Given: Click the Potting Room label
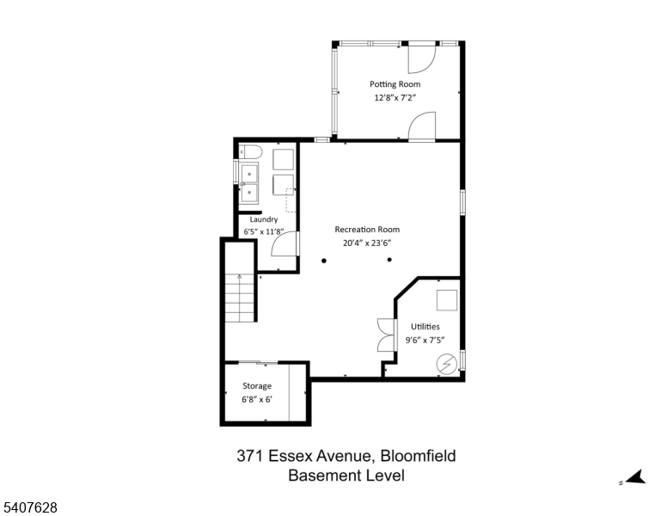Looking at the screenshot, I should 395,84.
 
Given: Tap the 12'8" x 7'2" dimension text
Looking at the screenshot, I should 395,98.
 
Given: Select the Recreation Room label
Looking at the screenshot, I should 367,230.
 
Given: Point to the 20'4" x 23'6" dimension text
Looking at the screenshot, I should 367,243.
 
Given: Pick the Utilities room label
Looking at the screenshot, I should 425,327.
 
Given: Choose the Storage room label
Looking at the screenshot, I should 256,386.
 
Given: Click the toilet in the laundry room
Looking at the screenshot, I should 249,153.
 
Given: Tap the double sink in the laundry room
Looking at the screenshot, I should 250,182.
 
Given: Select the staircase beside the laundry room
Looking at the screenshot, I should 240,297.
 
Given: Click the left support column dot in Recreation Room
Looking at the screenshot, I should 324,260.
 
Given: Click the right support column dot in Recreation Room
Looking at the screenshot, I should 389,260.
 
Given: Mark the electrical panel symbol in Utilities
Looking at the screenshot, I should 446,365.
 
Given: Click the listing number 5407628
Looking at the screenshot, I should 30,508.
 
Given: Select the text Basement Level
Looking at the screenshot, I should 346,476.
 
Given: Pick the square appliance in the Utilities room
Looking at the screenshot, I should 447,300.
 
